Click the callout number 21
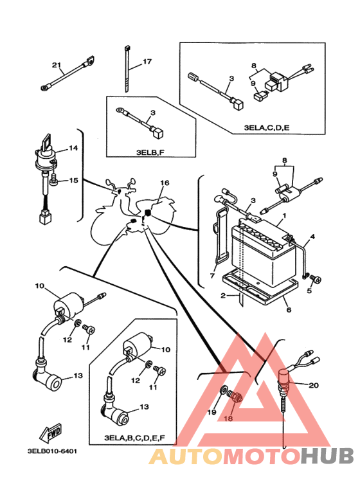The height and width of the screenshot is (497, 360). click(x=56, y=66)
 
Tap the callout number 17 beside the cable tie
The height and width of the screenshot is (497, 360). click(x=147, y=62)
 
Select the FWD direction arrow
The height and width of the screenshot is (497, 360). click(x=51, y=432)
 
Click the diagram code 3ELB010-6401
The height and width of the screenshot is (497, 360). click(x=52, y=451)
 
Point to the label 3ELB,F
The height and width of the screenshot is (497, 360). click(x=150, y=152)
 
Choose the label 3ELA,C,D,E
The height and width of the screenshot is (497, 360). click(x=267, y=128)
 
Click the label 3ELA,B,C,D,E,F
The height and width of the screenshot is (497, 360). click(x=135, y=438)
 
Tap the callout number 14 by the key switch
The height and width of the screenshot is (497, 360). click(x=73, y=148)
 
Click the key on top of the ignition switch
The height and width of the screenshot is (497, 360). click(x=46, y=142)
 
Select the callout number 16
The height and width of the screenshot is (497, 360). click(x=165, y=183)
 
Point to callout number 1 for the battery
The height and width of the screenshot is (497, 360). click(x=284, y=215)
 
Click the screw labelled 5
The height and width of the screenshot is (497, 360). click(x=316, y=279)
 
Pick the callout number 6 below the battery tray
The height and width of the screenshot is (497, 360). click(x=289, y=310)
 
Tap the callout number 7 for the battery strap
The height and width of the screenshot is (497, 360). click(x=212, y=276)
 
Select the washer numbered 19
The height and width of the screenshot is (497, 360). click(x=224, y=390)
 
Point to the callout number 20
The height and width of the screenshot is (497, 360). click(x=314, y=385)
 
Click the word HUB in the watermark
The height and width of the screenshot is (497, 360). click(x=327, y=456)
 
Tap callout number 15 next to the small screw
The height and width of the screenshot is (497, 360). click(x=73, y=181)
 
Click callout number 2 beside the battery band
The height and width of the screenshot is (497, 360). click(x=224, y=296)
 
